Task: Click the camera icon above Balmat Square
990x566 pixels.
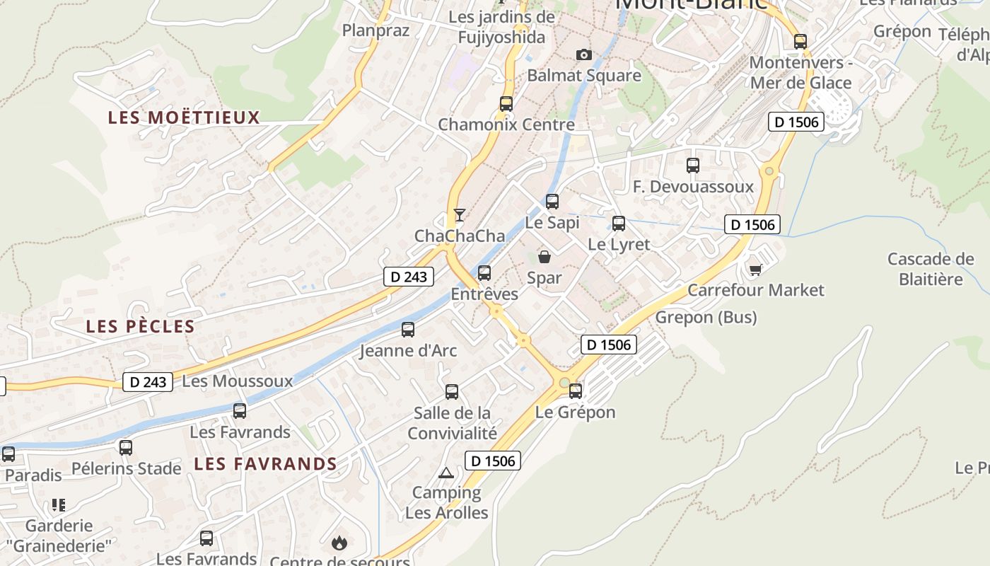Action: point(583,55)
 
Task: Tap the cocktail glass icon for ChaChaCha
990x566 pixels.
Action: point(460,214)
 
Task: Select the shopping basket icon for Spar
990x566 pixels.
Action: point(544,257)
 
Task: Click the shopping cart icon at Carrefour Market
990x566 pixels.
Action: point(756,269)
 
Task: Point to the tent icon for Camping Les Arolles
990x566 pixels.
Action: point(445,473)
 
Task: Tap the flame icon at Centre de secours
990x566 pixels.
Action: point(339,543)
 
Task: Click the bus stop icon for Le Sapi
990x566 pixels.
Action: point(552,202)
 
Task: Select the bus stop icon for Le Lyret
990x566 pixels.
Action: point(619,224)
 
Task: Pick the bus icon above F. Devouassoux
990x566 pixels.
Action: point(693,166)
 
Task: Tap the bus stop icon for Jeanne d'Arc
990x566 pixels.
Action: point(408,329)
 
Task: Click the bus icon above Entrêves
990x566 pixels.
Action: point(484,272)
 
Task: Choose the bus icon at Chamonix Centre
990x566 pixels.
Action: point(506,103)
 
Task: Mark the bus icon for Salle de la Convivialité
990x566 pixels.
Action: point(452,391)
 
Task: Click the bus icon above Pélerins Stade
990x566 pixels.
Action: point(126,447)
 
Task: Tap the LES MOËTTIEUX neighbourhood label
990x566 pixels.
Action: point(184,117)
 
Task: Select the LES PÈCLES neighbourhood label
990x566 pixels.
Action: point(140,326)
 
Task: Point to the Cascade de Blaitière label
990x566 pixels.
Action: point(931,269)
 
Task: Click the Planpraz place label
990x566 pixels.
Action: point(366,30)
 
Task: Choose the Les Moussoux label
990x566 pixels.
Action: point(237,381)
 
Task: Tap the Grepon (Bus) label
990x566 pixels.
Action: point(706,317)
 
